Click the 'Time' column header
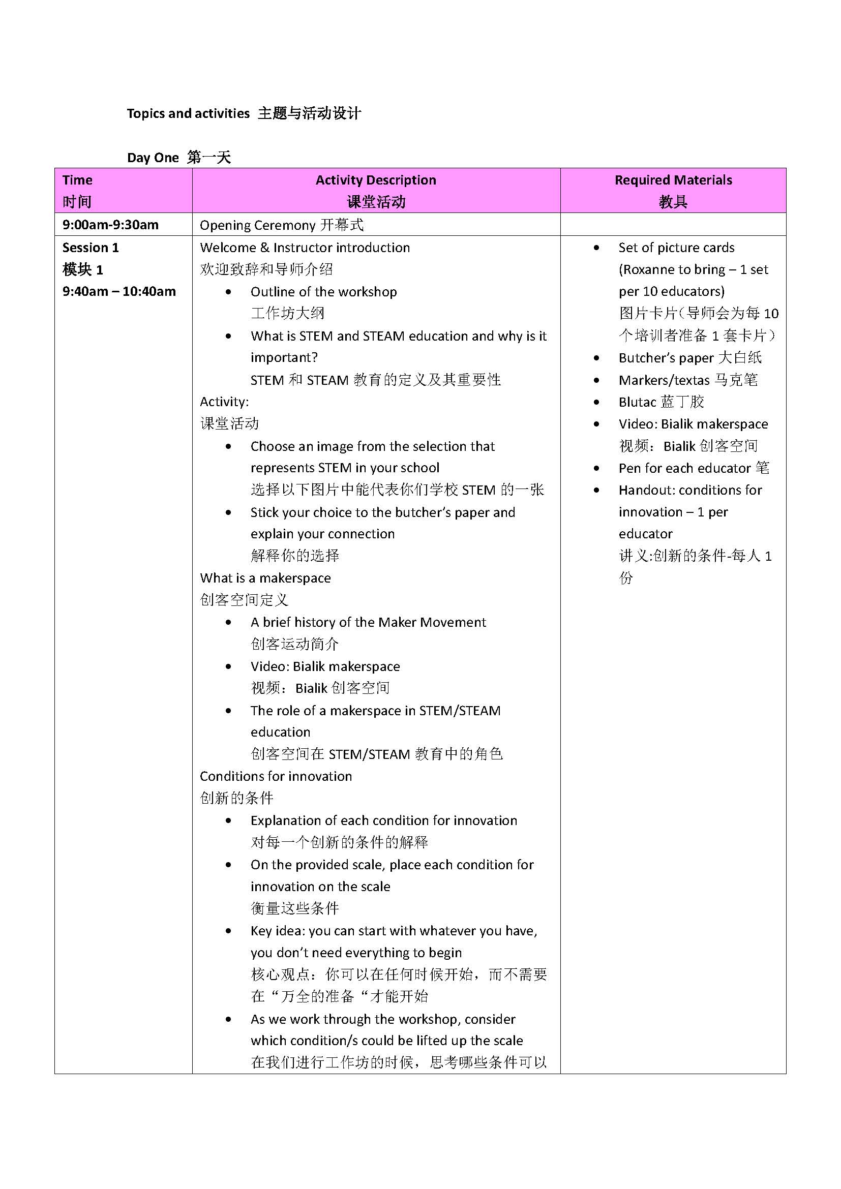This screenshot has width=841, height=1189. coord(78,180)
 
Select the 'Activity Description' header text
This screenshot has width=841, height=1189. coord(375,180)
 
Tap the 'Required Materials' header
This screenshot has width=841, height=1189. coord(673,180)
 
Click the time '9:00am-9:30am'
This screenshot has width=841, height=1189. coord(110,225)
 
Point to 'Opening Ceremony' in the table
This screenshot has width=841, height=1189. coord(257,225)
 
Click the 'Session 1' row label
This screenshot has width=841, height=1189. coord(91,248)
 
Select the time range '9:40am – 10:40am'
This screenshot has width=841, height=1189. coord(119,292)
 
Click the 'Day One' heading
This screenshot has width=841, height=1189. coord(153,158)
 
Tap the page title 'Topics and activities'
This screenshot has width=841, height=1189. coord(188,113)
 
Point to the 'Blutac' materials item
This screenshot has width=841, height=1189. coord(638,403)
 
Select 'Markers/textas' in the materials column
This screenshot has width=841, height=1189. coord(665,380)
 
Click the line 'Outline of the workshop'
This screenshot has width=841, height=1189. coord(324,292)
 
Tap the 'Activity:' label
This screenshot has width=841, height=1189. coord(224,402)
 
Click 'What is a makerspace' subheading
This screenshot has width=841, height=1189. coord(265,578)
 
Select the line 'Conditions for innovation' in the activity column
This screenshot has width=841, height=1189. coord(276,776)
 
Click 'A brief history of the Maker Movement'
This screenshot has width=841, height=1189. coord(368,622)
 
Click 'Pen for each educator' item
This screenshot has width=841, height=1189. coord(684,468)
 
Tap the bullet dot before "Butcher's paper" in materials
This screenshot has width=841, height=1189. coord(596,358)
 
